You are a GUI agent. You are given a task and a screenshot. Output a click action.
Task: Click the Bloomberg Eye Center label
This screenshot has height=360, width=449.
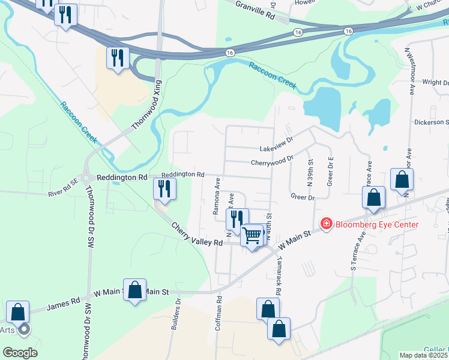(x=376, y=225)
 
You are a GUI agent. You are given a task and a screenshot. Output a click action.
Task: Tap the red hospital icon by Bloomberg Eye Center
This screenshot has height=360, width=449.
(x=327, y=224)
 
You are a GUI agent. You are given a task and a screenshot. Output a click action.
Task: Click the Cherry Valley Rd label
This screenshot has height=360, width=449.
(x=197, y=235)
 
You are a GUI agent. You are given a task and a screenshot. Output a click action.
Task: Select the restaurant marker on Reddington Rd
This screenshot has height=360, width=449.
(x=163, y=188)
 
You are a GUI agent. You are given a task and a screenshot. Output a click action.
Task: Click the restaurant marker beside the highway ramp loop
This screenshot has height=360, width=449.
(x=116, y=58)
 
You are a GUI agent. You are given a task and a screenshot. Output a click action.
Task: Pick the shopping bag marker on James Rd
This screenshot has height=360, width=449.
(x=135, y=289)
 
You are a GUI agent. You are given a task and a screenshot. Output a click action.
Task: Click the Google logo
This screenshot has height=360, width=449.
(x=20, y=353)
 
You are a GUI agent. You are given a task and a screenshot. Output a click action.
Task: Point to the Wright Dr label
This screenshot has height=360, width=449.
(x=435, y=82)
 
